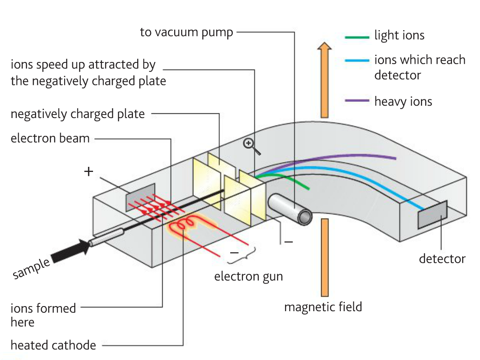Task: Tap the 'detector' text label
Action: [x=442, y=259]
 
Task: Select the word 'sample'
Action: [x=31, y=269]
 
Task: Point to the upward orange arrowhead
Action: [x=324, y=48]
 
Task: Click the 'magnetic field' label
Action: [x=323, y=307]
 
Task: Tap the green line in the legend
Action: [x=357, y=38]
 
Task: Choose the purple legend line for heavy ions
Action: [x=357, y=101]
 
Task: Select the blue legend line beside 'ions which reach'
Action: [x=357, y=61]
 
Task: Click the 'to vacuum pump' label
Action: [x=186, y=33]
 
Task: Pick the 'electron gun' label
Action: [x=248, y=276]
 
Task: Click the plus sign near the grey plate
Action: [x=88, y=172]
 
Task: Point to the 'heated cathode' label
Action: [x=54, y=345]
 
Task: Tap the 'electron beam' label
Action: [x=50, y=138]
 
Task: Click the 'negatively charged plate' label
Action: [x=78, y=114]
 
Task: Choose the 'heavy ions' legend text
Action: [x=403, y=101]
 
